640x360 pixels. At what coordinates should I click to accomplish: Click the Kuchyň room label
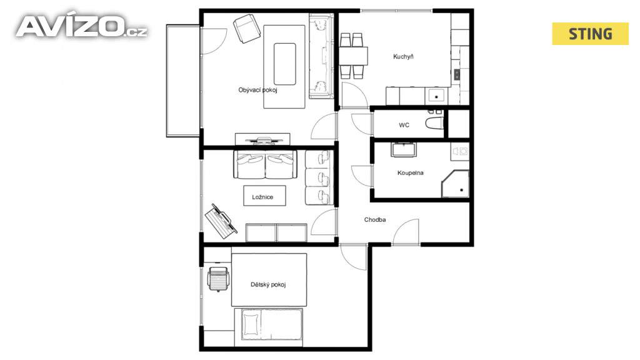coord(403,57)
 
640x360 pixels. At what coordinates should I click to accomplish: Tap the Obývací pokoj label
coord(257,90)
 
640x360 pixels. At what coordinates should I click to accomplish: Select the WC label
coord(404,125)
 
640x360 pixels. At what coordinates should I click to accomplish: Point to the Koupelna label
coord(410,173)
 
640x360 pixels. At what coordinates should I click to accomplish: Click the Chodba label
coord(375,219)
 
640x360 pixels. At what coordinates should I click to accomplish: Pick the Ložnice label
coord(262,197)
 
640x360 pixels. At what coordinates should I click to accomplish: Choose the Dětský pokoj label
coord(268,284)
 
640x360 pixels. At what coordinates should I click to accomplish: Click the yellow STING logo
coord(590,34)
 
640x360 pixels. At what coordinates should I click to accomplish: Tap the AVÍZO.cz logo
coord(82,26)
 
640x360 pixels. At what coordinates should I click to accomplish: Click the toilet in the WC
coord(434,122)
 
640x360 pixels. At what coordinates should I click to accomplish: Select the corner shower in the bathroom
coord(455,184)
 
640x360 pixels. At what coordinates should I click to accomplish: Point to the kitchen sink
coord(436,96)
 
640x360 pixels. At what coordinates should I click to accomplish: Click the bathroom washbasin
coord(404,149)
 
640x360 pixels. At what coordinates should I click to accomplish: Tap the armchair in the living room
coord(247,29)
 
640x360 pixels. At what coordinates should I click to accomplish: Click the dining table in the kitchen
coord(354,56)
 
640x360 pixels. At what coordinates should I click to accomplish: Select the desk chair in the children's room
coord(218,279)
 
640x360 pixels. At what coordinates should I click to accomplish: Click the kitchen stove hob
coord(457,74)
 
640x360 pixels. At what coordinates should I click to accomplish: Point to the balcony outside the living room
coord(183,81)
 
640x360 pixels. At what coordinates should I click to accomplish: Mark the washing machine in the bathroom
coord(460,151)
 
